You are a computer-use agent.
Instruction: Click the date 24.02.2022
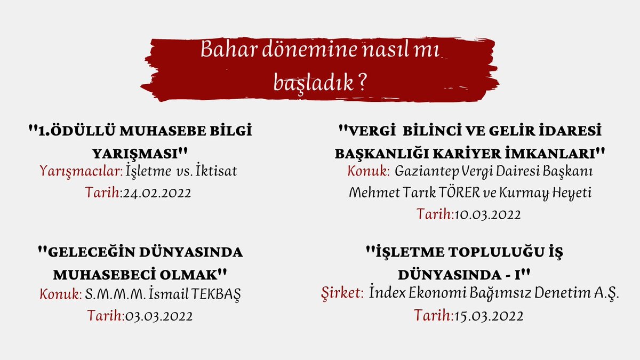coord(156,192)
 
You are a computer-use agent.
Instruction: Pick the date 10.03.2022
coord(487,214)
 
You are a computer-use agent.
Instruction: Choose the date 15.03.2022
coord(489,315)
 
